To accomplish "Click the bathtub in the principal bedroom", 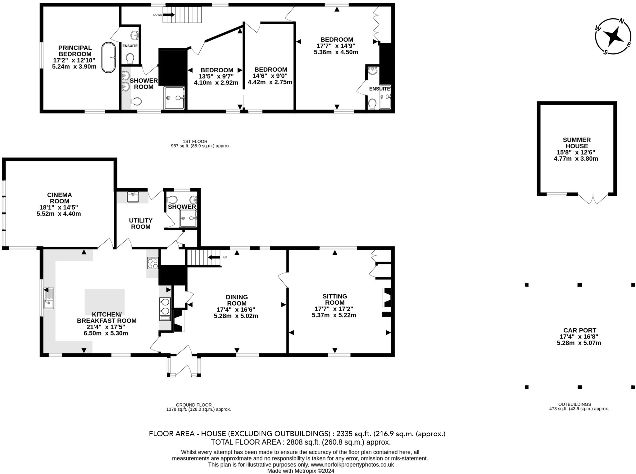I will [x=109, y=58].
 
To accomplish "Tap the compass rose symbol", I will [x=613, y=37].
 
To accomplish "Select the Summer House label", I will [x=577, y=143].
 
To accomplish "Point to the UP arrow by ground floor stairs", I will [x=214, y=257].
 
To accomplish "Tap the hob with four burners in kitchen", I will [x=152, y=263].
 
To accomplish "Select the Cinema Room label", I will [x=59, y=198].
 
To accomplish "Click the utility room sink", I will [x=133, y=197].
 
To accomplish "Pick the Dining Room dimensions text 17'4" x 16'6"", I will [x=236, y=310].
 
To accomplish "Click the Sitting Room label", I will [x=334, y=299].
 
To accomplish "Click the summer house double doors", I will [x=593, y=200].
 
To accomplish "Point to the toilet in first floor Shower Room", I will [x=136, y=101].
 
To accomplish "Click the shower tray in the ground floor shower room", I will [x=188, y=218].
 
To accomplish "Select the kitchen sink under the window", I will [x=48, y=298].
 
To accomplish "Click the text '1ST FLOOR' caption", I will [x=195, y=141].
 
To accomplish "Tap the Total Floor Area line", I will [x=300, y=442].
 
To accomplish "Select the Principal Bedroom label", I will [x=75, y=51].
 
